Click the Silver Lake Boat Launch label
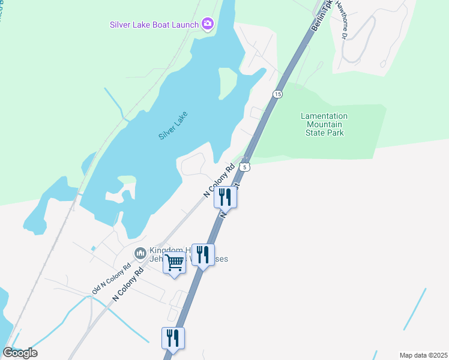[x=154, y=25]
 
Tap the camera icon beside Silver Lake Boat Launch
[x=208, y=24]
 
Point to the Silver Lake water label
[x=173, y=126]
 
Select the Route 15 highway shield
[x=277, y=94]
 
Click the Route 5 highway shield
[x=245, y=166]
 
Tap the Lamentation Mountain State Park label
[x=323, y=124]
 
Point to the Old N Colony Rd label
[x=111, y=280]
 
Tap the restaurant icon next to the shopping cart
[x=203, y=255]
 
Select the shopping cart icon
[x=175, y=263]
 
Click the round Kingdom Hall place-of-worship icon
[x=140, y=254]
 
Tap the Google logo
[x=20, y=352]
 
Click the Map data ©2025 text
[x=423, y=355]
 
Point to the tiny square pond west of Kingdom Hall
[x=93, y=248]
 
